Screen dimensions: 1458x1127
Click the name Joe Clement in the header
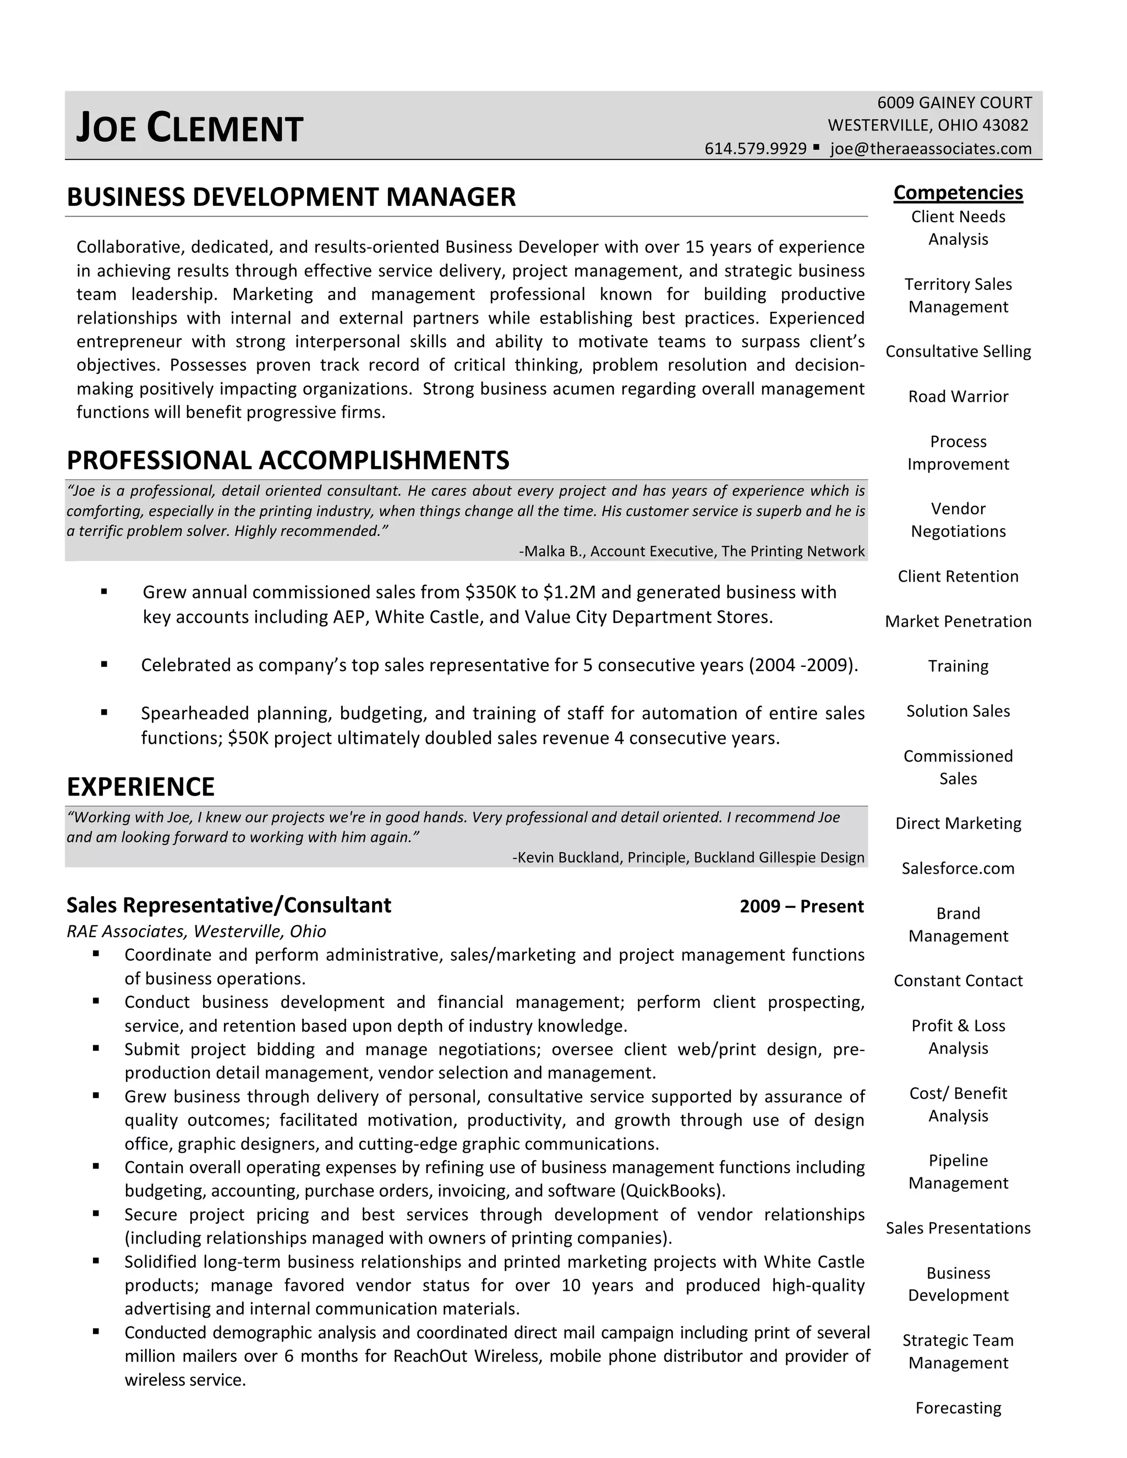click(x=190, y=128)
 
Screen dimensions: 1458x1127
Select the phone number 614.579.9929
click(x=755, y=149)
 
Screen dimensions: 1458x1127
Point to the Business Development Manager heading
click(x=291, y=198)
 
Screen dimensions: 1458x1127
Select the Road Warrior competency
click(x=958, y=397)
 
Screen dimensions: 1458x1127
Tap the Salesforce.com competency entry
click(x=958, y=869)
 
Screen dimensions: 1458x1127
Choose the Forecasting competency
click(x=958, y=1408)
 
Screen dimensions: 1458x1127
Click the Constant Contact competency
click(x=958, y=980)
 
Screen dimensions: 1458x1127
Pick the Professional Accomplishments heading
click(x=288, y=461)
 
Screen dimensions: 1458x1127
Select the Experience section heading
click(x=141, y=787)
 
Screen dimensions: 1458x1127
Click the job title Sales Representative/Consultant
click(x=228, y=905)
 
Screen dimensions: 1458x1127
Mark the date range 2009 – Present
click(x=801, y=907)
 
